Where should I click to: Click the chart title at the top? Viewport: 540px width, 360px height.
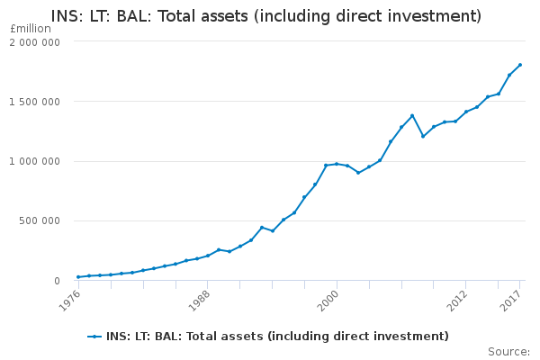[265, 16]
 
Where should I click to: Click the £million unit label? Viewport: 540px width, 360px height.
[31, 29]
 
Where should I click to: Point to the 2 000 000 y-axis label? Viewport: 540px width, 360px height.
[34, 42]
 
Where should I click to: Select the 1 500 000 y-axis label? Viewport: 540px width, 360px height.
[34, 102]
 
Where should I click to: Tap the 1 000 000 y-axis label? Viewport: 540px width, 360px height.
[34, 161]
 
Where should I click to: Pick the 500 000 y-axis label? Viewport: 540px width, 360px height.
[40, 220]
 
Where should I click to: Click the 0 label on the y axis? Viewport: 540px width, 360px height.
[58, 281]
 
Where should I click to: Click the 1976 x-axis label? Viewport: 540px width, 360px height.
[70, 301]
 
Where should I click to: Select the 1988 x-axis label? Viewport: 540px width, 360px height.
[200, 301]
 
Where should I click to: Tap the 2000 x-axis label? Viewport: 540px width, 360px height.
[328, 301]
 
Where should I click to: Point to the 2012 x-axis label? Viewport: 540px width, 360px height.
[458, 301]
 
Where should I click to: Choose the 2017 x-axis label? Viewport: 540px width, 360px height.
[511, 301]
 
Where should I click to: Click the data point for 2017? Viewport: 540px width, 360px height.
[520, 65]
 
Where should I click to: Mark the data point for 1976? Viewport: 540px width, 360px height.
[78, 277]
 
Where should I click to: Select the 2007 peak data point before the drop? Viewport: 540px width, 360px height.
[412, 116]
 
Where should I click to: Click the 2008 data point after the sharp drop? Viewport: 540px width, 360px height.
[423, 137]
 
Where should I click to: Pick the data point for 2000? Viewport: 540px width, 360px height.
[337, 164]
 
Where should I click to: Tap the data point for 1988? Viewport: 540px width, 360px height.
[208, 256]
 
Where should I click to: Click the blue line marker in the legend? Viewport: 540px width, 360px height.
[94, 337]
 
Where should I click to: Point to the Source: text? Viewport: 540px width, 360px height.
[508, 352]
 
